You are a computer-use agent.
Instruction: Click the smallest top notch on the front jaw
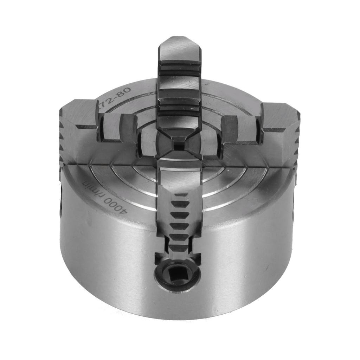coord(181,195)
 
